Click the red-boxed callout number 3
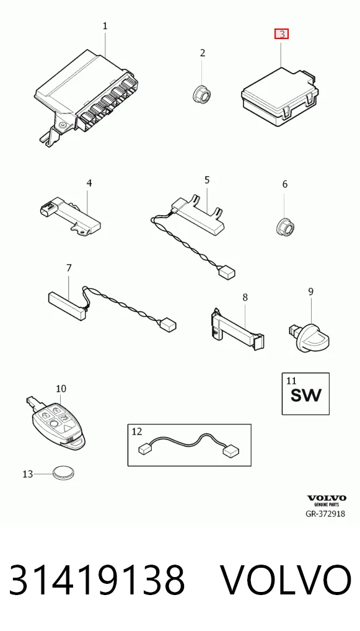click(x=281, y=34)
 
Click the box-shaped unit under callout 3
click(x=280, y=98)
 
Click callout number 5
click(x=207, y=180)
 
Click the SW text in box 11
click(x=306, y=395)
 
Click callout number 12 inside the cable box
click(x=137, y=432)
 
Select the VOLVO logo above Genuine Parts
click(x=327, y=498)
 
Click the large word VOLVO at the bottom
click(x=286, y=580)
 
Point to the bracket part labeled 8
click(x=238, y=329)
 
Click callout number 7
click(x=69, y=268)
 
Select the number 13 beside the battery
click(x=27, y=474)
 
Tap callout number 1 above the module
click(x=105, y=26)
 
